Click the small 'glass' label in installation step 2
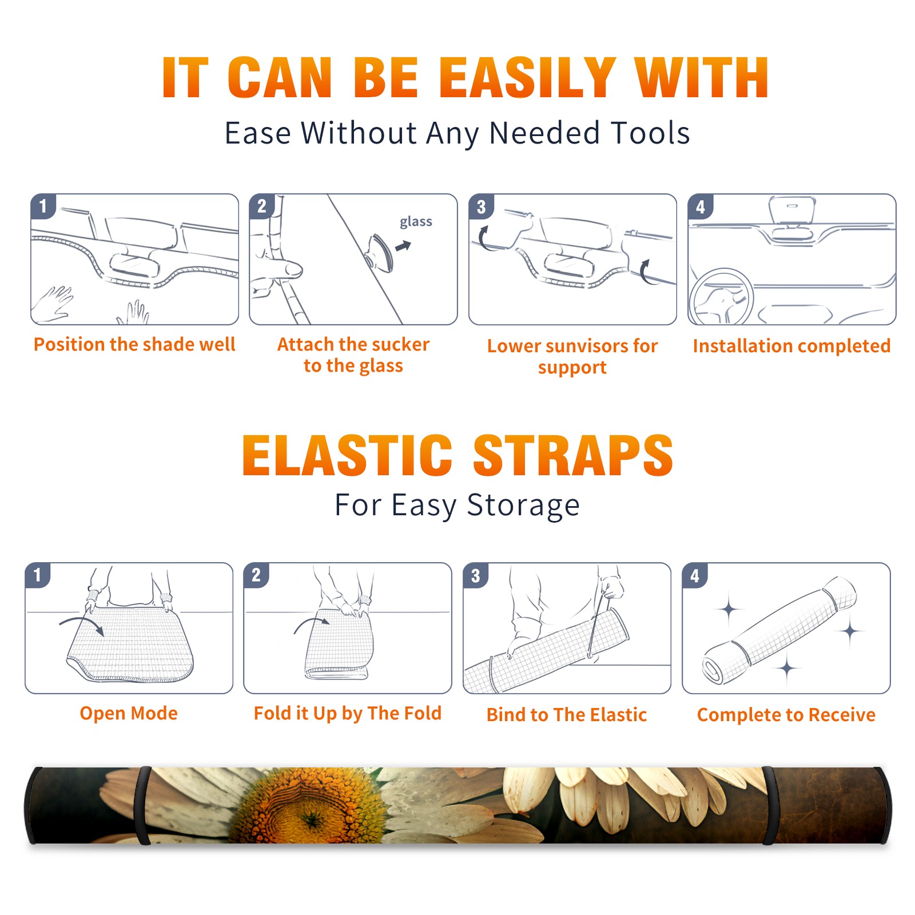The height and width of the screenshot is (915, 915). [x=416, y=222]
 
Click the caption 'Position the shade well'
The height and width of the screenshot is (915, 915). [x=134, y=344]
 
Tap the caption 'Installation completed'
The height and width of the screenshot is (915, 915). [x=791, y=345]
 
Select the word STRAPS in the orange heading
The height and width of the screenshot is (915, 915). [x=573, y=455]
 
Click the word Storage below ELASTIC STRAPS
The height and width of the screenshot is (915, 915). [x=523, y=506]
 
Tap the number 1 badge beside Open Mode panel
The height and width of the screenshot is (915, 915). [x=38, y=575]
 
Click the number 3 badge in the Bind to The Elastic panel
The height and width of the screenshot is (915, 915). [x=476, y=576]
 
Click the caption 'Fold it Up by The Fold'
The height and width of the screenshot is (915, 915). [x=348, y=713]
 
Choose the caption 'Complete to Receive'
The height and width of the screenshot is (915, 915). [x=786, y=715]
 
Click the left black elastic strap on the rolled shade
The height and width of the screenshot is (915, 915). [x=142, y=805]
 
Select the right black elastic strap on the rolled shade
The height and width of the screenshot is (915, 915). [x=770, y=805]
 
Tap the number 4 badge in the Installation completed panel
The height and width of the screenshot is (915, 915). [x=701, y=207]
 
